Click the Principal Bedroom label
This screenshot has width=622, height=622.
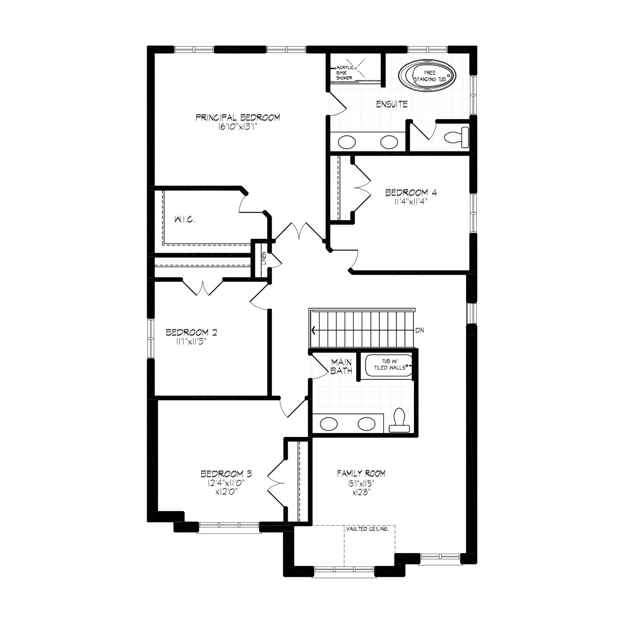[238, 118]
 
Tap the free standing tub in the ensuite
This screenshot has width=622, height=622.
[427, 76]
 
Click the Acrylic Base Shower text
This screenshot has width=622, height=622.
[344, 72]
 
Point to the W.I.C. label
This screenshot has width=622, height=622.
[185, 220]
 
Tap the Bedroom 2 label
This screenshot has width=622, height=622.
[191, 332]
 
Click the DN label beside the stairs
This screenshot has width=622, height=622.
[419, 330]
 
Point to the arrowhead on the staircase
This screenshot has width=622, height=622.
[313, 330]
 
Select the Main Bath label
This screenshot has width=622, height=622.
[341, 366]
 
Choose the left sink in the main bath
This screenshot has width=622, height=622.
[328, 424]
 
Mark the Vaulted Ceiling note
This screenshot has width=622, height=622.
[368, 529]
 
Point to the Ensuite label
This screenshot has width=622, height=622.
[392, 104]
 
